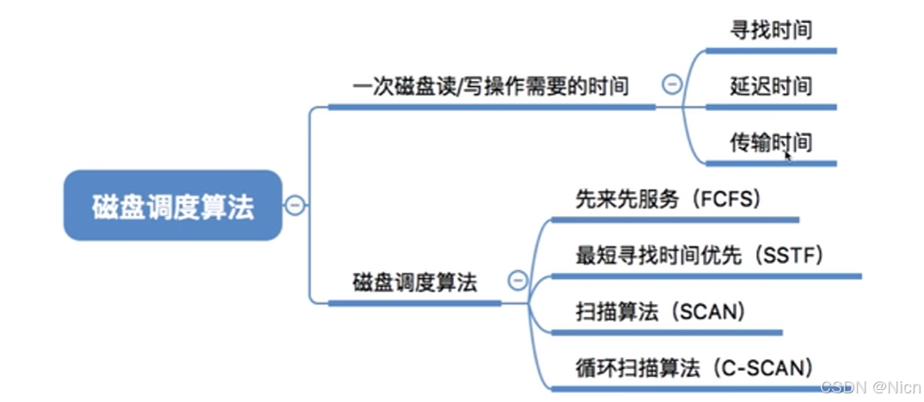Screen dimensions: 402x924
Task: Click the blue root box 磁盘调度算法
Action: coord(172,206)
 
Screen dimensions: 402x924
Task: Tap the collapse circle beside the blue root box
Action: coord(295,206)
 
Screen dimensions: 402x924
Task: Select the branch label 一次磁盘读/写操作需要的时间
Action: coord(490,86)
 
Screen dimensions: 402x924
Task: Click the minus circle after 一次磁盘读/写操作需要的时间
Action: coord(672,84)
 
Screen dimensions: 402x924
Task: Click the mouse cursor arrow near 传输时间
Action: coord(787,155)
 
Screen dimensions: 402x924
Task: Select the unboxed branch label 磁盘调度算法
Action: coord(414,282)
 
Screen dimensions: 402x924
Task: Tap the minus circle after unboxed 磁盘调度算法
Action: coord(517,280)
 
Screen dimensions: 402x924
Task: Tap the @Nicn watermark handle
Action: coord(891,387)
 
